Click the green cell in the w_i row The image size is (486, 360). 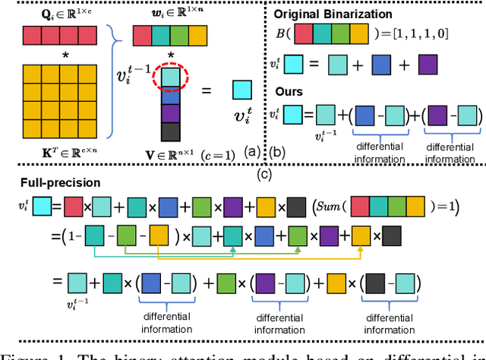(180, 35)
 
